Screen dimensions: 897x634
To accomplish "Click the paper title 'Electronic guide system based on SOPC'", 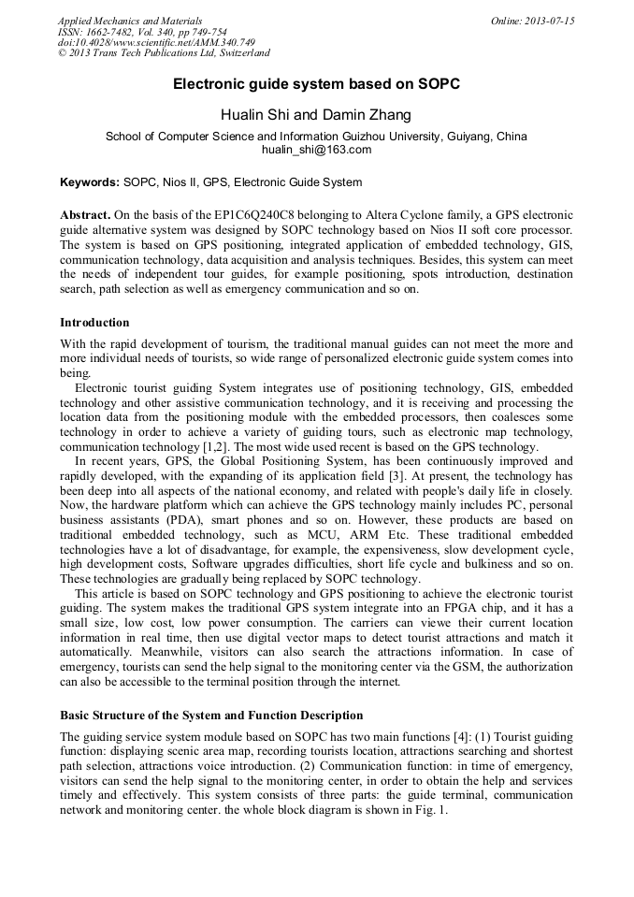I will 316,84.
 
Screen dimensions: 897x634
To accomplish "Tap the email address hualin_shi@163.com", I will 316,150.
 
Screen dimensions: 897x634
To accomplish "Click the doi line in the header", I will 156,43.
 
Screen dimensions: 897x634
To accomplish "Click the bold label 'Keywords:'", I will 90,182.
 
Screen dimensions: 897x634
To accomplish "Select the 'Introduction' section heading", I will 95,323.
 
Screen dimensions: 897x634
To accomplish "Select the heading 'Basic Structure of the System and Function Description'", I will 211,716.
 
